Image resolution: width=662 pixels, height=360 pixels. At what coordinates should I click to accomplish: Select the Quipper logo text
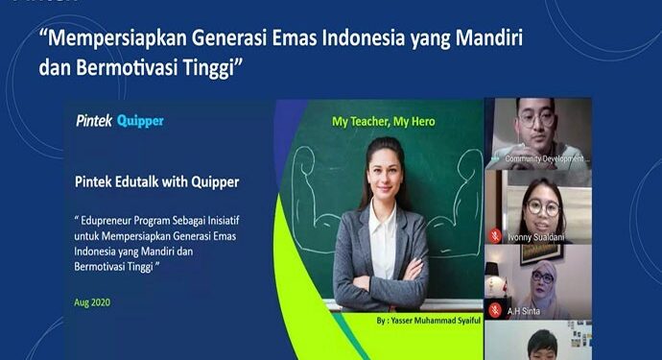[140, 121]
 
